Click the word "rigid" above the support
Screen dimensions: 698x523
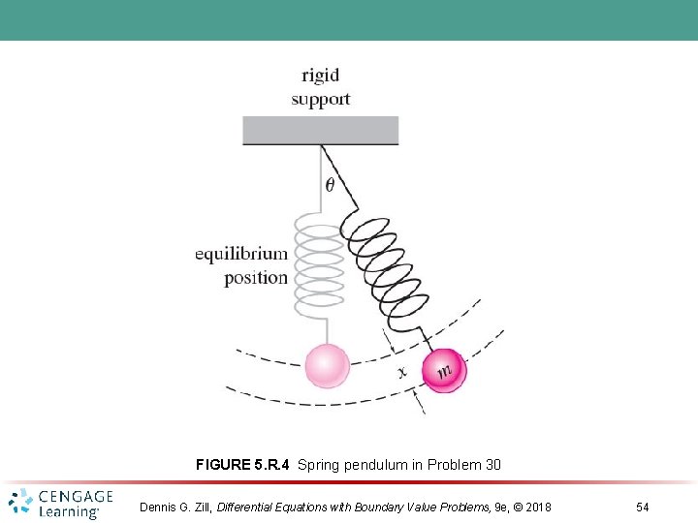click(320, 76)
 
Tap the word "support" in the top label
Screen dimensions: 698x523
click(320, 99)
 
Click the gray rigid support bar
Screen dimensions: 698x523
click(320, 130)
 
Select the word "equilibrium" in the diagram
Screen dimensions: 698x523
click(241, 255)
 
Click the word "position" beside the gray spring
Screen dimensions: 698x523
click(256, 278)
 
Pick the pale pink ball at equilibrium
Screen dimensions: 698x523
click(327, 366)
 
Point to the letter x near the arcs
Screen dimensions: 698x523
click(401, 370)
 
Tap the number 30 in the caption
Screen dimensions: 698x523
click(492, 465)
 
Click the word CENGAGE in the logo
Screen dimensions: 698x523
click(76, 497)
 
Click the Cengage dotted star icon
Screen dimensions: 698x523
click(20, 503)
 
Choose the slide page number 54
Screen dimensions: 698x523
click(642, 507)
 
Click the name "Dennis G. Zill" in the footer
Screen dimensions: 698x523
click(175, 507)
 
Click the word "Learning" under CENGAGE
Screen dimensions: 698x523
click(69, 511)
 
